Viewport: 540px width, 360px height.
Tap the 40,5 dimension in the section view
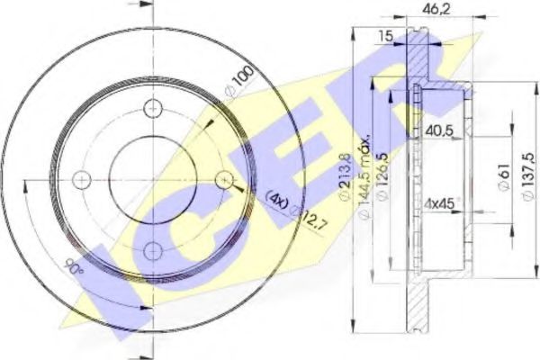439,129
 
